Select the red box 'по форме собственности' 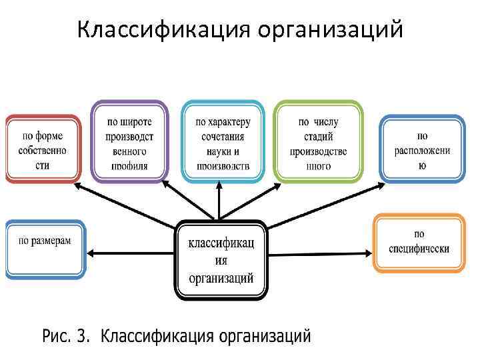coord(43,148)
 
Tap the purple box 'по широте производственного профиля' coord(129,141)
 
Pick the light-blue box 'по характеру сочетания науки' coord(222,141)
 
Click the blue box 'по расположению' coord(422,148)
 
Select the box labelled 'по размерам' coord(45,248)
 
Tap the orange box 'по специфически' coord(419,243)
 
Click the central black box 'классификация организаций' coord(221,259)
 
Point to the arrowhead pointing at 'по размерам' coord(92,253)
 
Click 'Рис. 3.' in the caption coord(65,337)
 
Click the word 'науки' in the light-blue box coord(222,151)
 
